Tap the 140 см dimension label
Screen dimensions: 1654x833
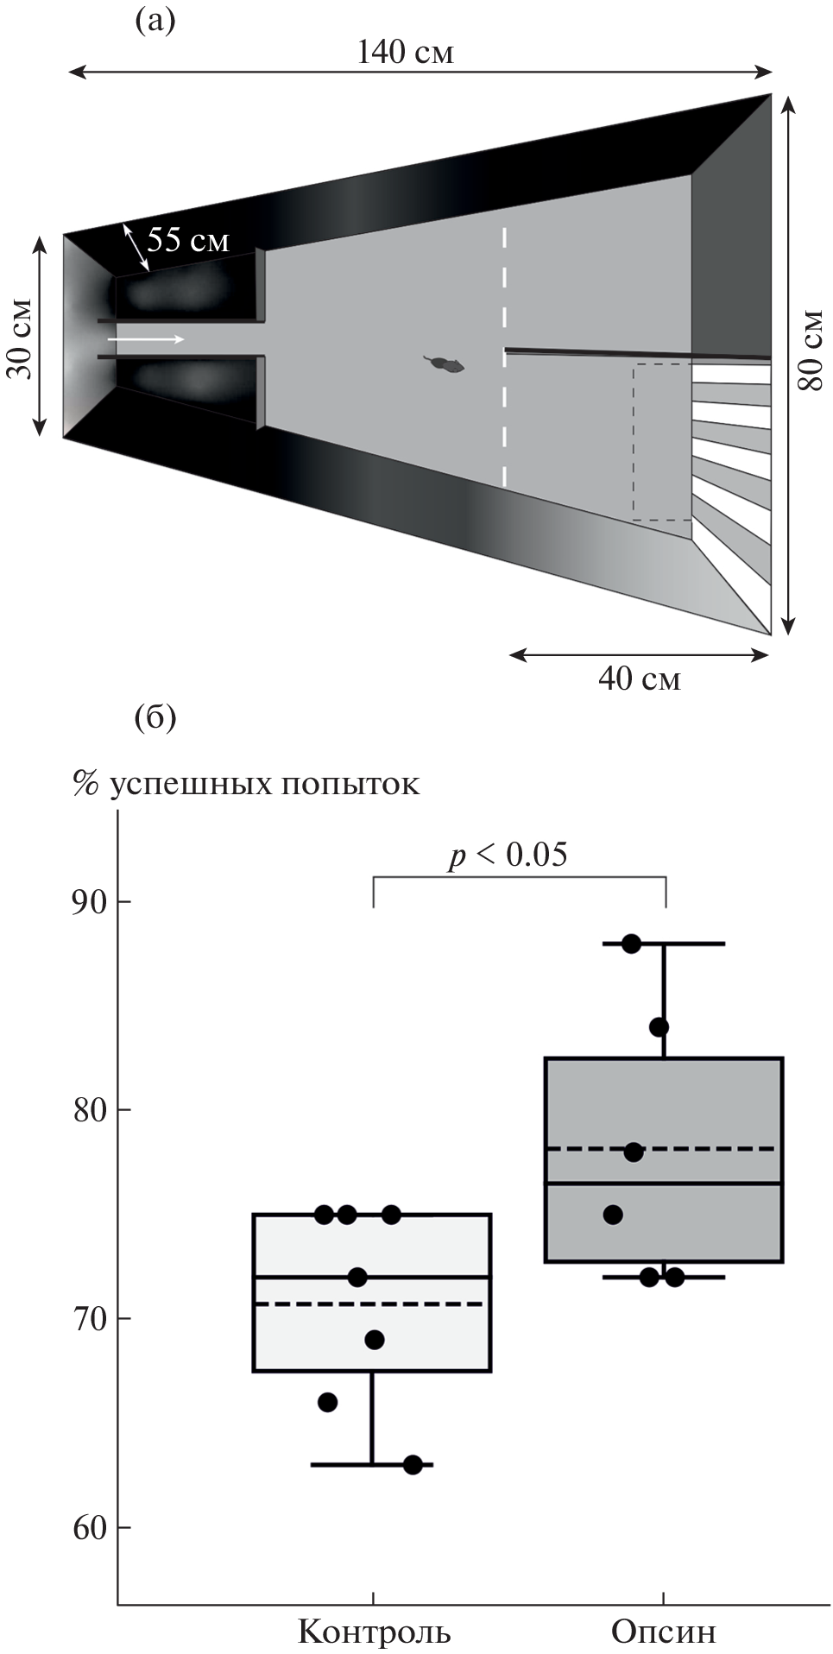tap(405, 53)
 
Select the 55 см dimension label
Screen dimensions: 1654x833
tap(187, 240)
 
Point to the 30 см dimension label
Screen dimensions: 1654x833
tap(20, 338)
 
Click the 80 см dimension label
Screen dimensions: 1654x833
tap(810, 349)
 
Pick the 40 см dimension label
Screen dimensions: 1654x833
tap(639, 679)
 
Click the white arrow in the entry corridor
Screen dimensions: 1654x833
tap(146, 339)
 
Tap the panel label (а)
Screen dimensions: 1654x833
tap(155, 21)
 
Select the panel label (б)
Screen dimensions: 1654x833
tap(155, 717)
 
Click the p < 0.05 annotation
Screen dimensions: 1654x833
tap(508, 855)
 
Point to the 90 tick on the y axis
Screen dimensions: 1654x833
tap(89, 902)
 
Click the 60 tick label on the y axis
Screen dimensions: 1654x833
tap(89, 1528)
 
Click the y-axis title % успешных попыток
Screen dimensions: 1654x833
tap(246, 784)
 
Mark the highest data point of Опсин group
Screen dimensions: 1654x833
tap(632, 944)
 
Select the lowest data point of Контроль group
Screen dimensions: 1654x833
tap(413, 1465)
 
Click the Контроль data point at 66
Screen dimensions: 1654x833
tap(328, 1403)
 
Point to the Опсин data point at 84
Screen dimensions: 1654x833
tap(659, 1027)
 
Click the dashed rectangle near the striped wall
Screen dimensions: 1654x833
tap(662, 442)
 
